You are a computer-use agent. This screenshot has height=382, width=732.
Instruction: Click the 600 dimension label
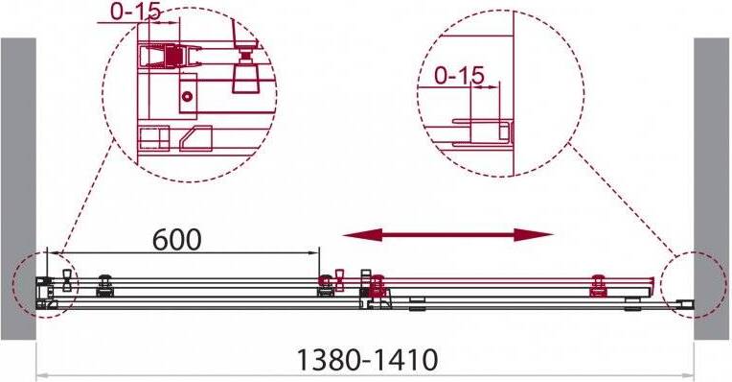(177, 239)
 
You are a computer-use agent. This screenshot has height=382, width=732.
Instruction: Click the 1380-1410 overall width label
(367, 360)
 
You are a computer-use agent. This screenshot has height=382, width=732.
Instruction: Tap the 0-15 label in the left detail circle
(136, 12)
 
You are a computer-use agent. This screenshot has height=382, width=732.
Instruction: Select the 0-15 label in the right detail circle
(459, 75)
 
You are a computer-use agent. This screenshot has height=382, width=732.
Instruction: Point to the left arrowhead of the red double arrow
(362, 235)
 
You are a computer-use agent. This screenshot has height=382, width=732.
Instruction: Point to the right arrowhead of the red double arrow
(533, 235)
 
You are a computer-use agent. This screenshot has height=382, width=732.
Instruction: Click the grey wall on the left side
(18, 188)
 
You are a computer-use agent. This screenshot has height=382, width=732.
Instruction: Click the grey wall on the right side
(712, 188)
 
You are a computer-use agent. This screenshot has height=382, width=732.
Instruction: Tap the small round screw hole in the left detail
(187, 97)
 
